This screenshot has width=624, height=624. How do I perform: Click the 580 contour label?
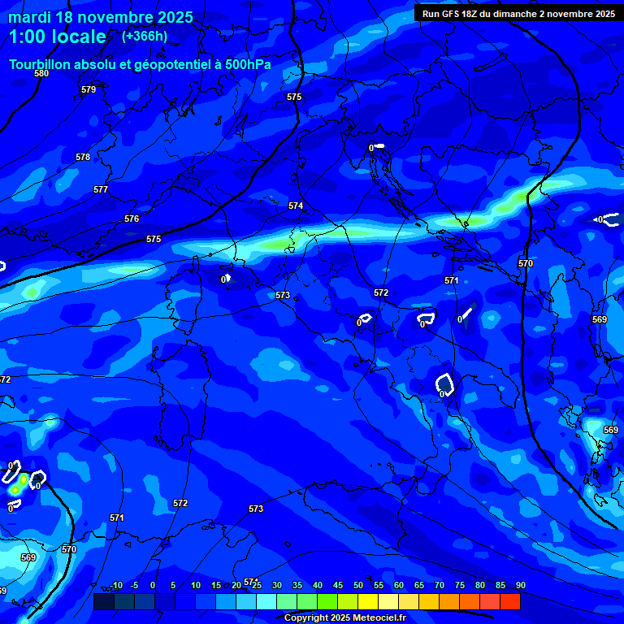click(x=41, y=73)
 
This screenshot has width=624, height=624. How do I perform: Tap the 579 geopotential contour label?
click(x=89, y=89)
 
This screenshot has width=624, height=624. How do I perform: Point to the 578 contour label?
click(x=83, y=157)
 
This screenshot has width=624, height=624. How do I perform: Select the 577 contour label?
click(x=101, y=189)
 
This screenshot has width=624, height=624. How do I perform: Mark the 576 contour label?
click(x=132, y=219)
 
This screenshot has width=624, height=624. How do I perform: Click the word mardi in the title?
click(x=29, y=17)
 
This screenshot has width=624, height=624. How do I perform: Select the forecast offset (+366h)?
click(x=145, y=37)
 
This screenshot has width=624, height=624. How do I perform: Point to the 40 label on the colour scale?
click(x=317, y=585)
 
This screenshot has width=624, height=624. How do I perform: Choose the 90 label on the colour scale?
click(x=520, y=585)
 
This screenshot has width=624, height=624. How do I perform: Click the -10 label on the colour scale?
click(x=115, y=585)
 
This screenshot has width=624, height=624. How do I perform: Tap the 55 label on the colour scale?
click(x=378, y=585)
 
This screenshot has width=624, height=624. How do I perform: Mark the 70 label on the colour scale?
click(x=439, y=585)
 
